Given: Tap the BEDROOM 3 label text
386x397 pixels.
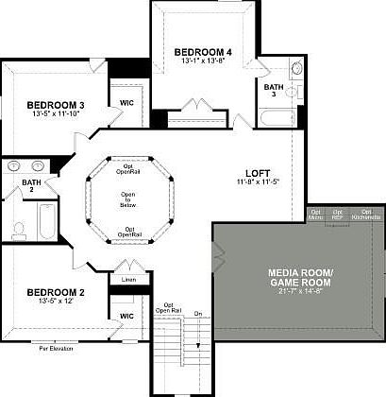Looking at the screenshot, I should coord(56,105).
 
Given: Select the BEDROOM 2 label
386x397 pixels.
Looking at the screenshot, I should coord(56,292).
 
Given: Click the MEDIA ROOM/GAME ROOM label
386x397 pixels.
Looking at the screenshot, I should coord(295,279).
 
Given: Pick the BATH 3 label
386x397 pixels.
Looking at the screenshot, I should coord(275,90).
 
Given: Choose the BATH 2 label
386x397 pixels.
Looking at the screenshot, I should coord(32,186).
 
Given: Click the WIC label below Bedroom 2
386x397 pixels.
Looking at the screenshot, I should coord(126,314).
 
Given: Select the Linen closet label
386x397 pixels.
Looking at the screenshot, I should coord(128,280).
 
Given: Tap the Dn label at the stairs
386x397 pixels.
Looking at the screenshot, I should coord(198,313).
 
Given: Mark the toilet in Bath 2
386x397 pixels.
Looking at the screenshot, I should coord(19,229).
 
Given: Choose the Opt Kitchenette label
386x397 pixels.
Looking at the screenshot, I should coord(366,215).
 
